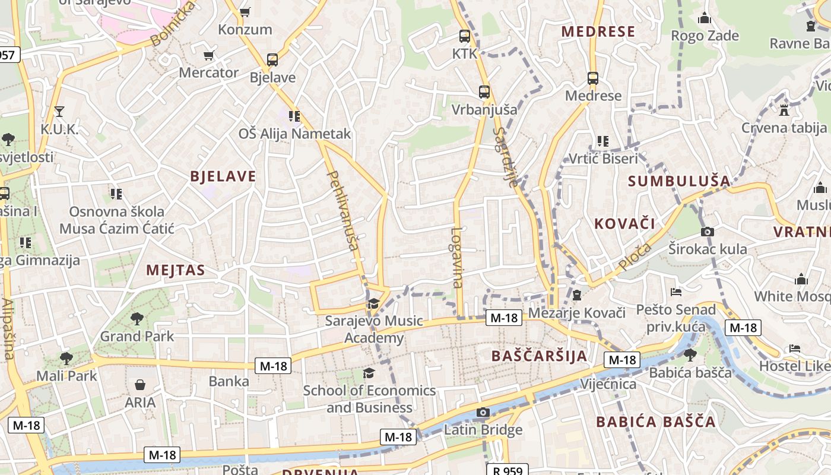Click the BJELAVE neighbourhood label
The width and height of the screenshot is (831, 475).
[x=223, y=176]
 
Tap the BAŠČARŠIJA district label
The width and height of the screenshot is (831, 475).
[x=539, y=356]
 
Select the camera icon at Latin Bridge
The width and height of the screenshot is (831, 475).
[x=483, y=413]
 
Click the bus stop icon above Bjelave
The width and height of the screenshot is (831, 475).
[x=272, y=60]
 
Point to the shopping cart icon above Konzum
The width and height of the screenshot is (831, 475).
[x=245, y=12]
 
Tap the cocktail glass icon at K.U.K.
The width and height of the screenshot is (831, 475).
[x=59, y=111]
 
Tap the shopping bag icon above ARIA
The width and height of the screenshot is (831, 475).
[x=140, y=385]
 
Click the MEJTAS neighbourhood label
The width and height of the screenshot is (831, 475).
[x=176, y=271]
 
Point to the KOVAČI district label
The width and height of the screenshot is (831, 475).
[x=624, y=224]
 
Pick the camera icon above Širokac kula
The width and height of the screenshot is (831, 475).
[x=707, y=232]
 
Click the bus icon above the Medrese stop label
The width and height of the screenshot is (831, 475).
[x=592, y=78]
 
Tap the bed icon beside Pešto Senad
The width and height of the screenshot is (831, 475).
[x=676, y=292]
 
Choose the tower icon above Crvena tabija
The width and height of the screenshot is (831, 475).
[x=784, y=110]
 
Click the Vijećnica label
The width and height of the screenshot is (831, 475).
[x=608, y=384]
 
